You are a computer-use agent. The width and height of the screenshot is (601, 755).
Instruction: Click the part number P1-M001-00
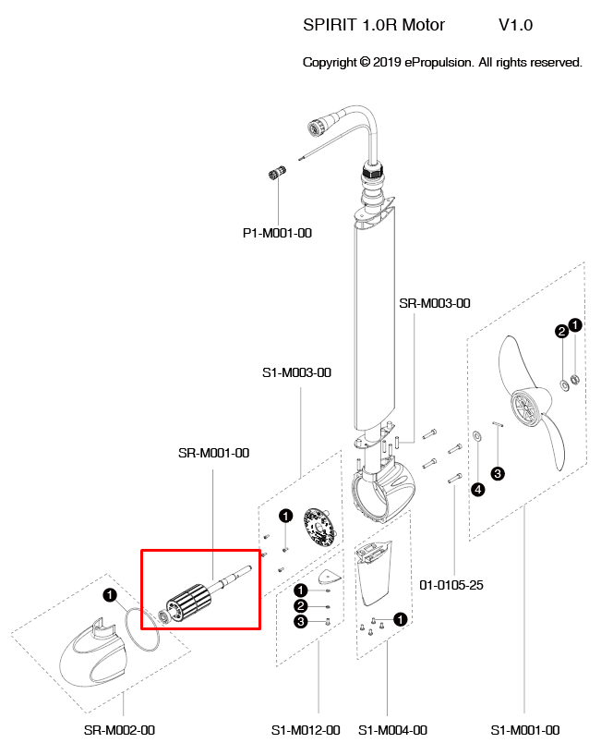tap(277, 233)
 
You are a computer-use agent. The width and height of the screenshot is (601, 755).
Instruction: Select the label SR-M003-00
tap(435, 303)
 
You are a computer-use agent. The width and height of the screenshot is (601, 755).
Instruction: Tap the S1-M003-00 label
tap(296, 373)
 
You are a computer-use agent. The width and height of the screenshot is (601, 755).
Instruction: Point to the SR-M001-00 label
tap(213, 453)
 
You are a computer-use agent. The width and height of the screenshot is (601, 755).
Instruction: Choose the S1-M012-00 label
tap(306, 730)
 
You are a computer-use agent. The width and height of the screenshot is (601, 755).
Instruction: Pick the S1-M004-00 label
tap(392, 730)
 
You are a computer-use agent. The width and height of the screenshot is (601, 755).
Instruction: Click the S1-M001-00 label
tap(524, 730)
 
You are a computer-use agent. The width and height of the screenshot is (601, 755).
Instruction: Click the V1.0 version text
tap(515, 25)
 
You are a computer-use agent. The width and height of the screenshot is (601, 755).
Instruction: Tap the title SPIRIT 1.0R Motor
tap(374, 25)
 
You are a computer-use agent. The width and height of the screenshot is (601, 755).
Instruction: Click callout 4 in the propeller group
tap(478, 490)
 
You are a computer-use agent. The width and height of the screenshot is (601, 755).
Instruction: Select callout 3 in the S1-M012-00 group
tap(301, 623)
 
